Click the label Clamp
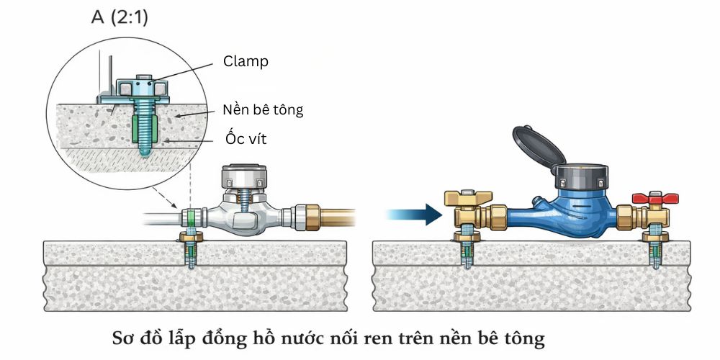point(246,61)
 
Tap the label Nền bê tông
point(263,110)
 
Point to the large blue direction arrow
point(413,213)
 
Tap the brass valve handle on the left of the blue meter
point(468,198)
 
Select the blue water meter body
point(569,212)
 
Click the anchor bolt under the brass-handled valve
point(463,248)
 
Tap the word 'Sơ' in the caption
point(126,336)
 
